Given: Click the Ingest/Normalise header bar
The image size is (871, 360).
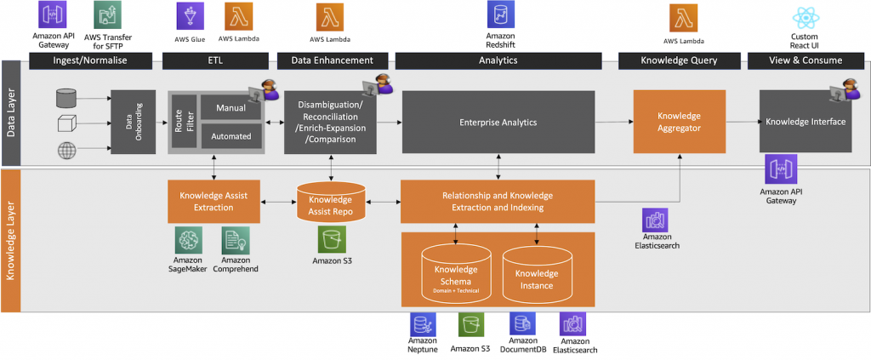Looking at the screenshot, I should [90, 60].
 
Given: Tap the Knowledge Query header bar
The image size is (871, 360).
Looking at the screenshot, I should [679, 60].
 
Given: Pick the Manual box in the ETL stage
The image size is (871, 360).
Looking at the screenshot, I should [231, 108].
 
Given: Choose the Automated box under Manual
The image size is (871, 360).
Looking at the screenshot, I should [231, 137].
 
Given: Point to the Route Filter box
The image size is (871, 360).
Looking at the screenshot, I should [184, 123].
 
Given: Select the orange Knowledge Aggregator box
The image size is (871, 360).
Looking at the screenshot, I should [679, 121].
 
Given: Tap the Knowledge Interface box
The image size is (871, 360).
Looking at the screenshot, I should [805, 122].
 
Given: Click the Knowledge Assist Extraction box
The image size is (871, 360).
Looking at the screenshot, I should [213, 201].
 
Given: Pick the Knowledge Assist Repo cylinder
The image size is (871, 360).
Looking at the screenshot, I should [331, 203].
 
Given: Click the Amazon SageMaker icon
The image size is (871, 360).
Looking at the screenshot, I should [189, 239].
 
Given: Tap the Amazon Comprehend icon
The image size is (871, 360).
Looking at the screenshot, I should [234, 239].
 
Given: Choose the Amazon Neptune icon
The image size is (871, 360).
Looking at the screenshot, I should [422, 324].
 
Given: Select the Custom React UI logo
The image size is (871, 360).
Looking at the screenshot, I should [804, 16].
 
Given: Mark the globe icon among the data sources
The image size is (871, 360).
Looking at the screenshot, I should [66, 151].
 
